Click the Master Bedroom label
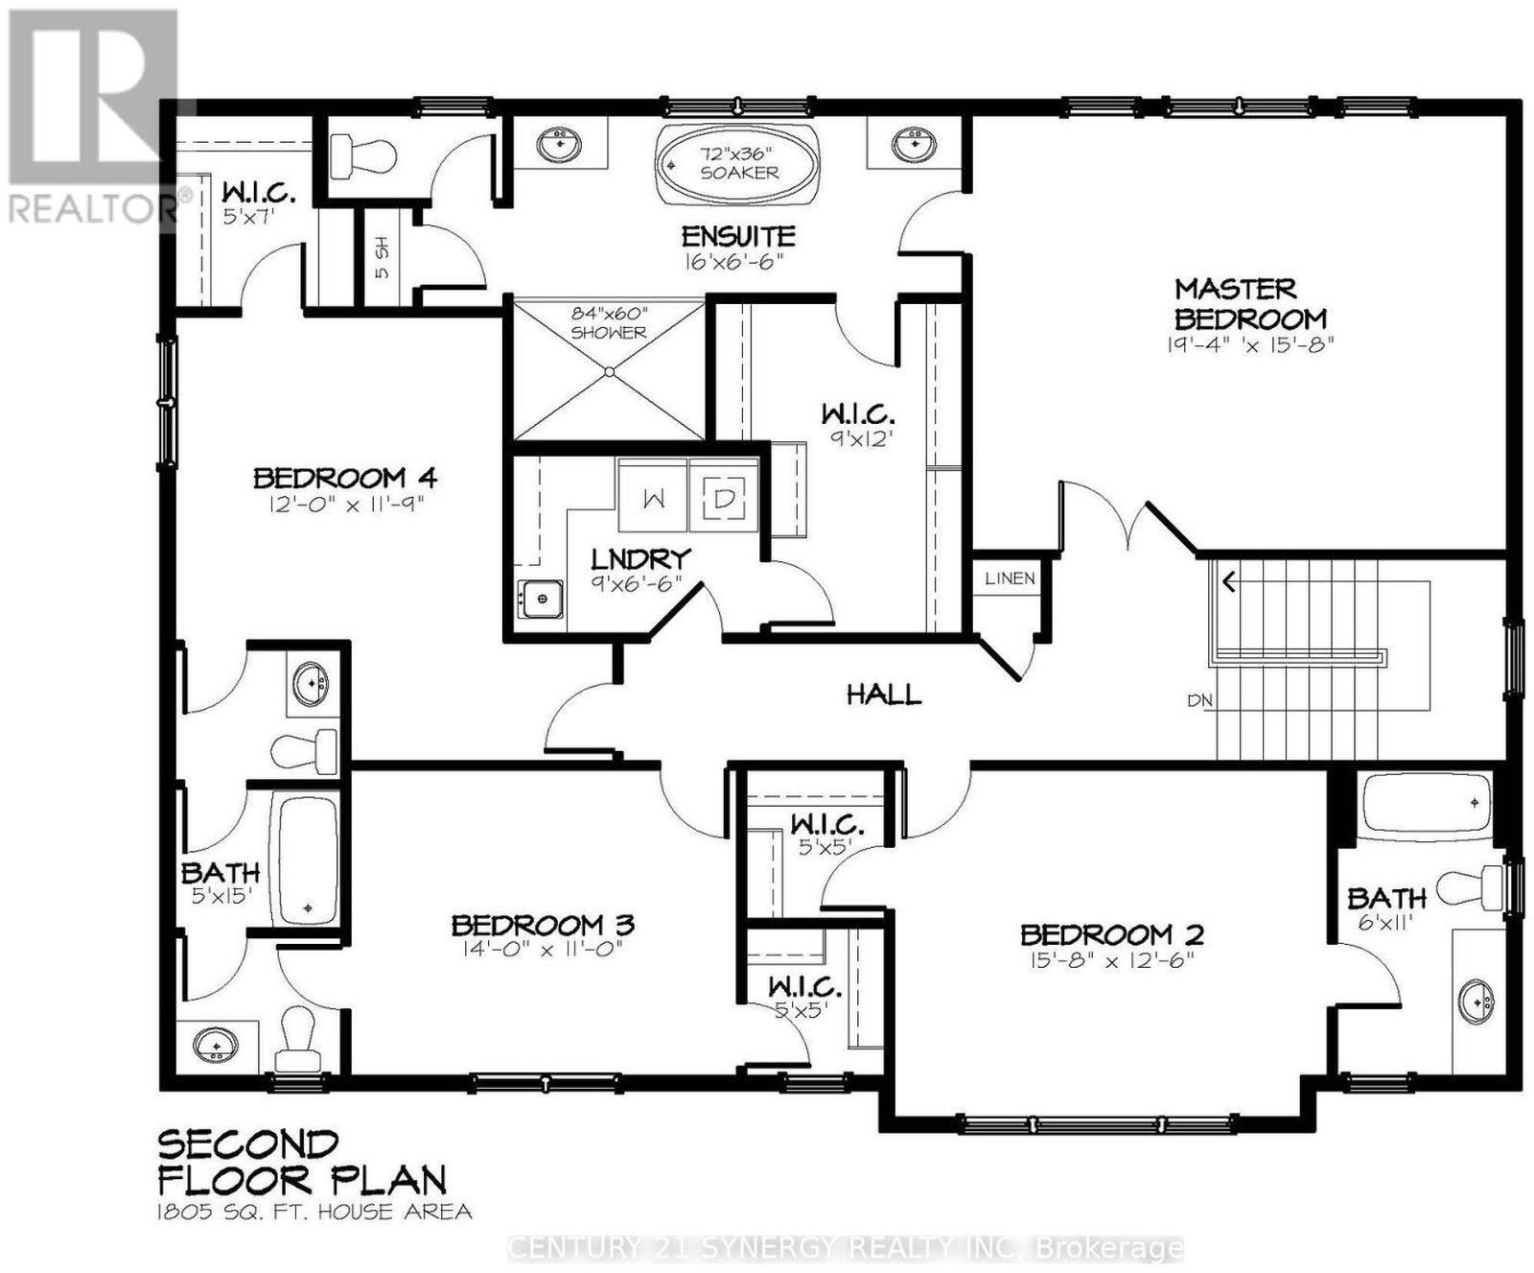coord(1250,303)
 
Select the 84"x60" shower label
coord(609,323)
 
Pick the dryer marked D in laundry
coord(724,496)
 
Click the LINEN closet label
coord(1010,578)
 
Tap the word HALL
coord(884,694)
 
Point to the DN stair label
coord(1200,701)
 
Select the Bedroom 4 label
coord(345,477)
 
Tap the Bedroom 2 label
coord(1112,934)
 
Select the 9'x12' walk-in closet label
coord(858,426)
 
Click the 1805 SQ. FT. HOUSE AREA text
coord(315,1212)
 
